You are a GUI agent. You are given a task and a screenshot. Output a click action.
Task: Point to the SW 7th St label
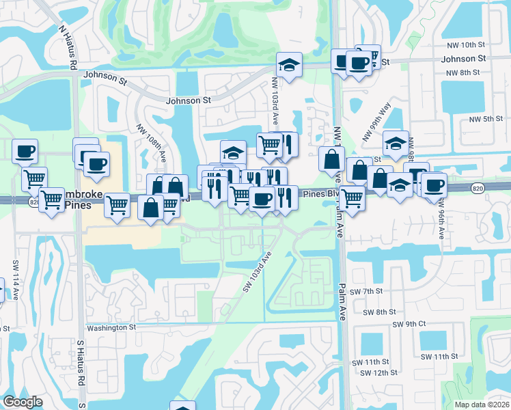click(368, 292)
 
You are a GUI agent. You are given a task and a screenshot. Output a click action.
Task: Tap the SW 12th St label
click(379, 372)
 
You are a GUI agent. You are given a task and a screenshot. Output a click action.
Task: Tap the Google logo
click(23, 402)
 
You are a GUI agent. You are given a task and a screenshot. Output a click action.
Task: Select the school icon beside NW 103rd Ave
click(289, 66)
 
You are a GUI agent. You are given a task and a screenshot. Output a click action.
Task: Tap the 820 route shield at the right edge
click(478, 187)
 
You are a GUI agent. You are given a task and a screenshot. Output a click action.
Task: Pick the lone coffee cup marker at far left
click(25, 151)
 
